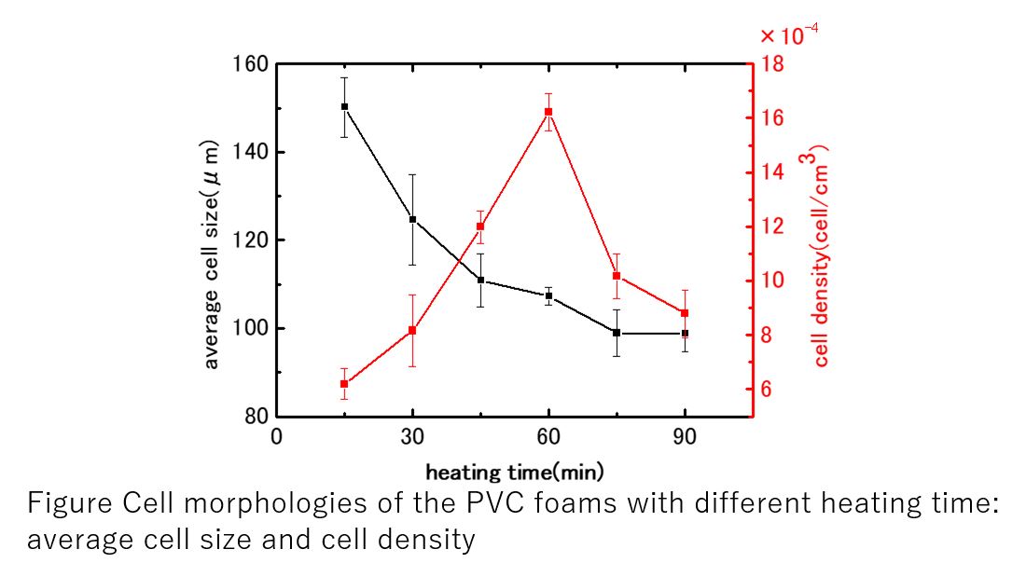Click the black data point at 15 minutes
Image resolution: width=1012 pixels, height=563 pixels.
344,106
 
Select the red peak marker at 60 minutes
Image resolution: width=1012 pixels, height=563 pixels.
548,112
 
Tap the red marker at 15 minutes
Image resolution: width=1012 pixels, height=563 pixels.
344,384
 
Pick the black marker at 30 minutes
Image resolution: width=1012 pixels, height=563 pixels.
412,219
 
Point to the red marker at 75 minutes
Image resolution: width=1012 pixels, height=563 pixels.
617,276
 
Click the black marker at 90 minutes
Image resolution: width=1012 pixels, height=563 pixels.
685,333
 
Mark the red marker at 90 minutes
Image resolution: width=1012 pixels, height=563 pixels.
685,313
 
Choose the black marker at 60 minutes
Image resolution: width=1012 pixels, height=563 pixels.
548,295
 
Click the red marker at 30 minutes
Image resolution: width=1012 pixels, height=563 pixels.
412,330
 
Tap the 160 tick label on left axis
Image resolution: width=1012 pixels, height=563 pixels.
250,64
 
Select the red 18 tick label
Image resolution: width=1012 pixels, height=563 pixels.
773,64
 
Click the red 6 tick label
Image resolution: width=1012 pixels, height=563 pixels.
767,389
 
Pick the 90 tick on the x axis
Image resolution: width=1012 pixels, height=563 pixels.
685,438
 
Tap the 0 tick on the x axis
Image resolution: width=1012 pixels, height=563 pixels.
277,438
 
